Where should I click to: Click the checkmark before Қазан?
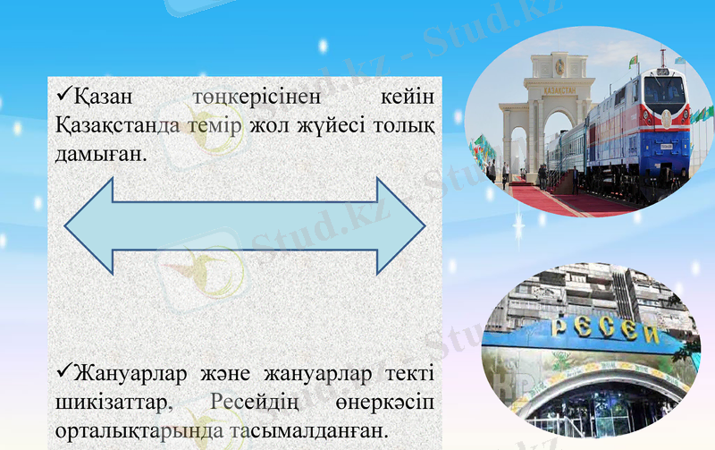coord(63,92)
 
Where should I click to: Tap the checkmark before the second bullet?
coord(63,369)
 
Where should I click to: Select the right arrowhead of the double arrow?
coord(399,225)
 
